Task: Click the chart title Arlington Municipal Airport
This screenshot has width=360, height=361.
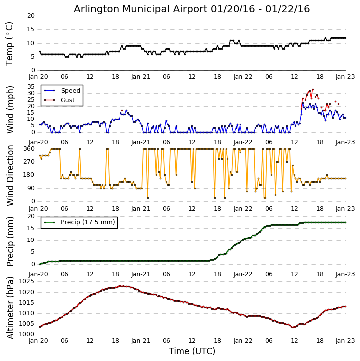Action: tap(192, 9)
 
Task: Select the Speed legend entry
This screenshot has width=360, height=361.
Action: tap(70, 91)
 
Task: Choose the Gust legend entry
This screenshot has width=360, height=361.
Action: tap(67, 100)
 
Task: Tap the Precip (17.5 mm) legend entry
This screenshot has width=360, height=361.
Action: tap(87, 222)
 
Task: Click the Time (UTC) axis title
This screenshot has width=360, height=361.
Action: tap(192, 351)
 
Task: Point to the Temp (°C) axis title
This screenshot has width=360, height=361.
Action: tap(10, 43)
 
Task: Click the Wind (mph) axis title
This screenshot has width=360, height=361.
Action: tap(10, 110)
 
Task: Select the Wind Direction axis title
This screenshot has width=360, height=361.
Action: tap(10, 175)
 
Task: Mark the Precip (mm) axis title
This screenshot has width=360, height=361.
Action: tap(10, 241)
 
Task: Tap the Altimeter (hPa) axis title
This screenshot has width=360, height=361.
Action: tap(10, 307)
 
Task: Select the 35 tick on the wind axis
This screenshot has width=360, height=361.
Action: tap(31, 87)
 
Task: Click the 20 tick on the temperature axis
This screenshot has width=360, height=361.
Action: tap(31, 16)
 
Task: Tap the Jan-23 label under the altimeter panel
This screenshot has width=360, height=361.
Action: tap(345, 341)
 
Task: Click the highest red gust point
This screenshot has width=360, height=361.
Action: tap(313, 89)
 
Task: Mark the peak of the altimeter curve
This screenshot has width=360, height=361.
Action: tap(120, 286)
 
